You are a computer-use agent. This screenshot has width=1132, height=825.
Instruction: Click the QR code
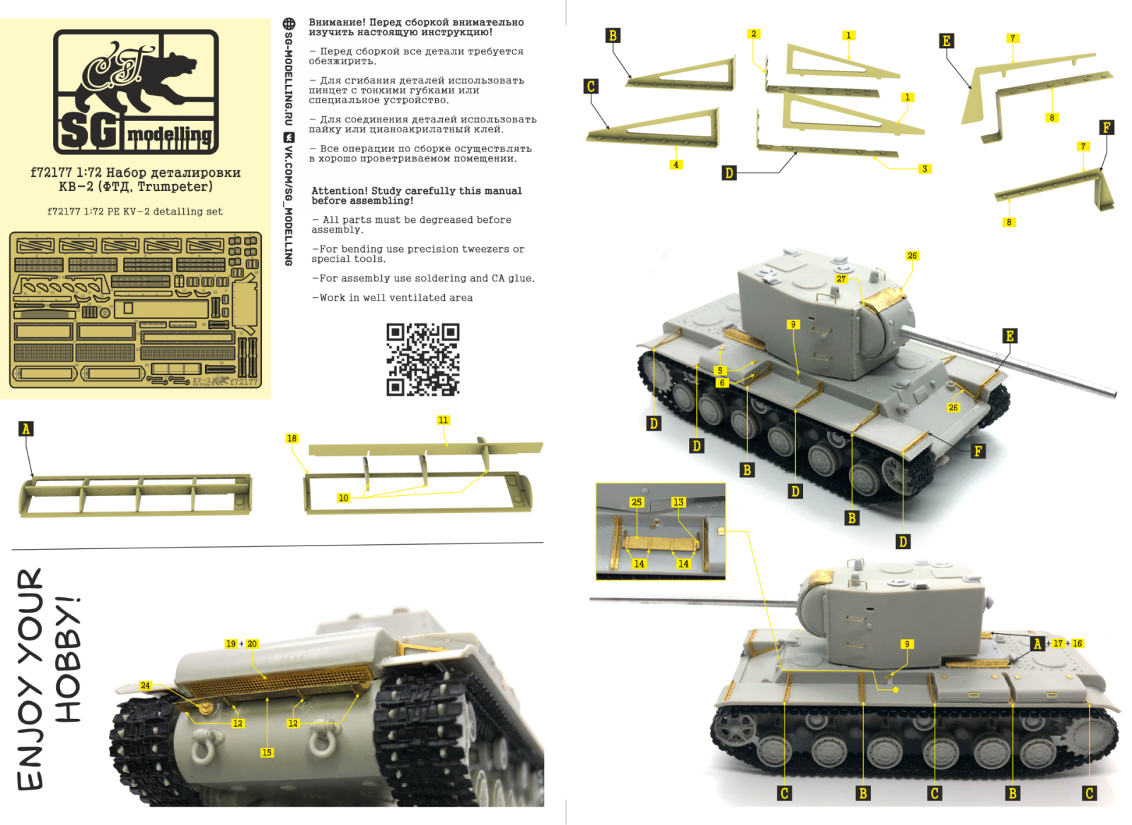click(422, 359)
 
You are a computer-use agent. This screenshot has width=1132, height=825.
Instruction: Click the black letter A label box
click(26, 429)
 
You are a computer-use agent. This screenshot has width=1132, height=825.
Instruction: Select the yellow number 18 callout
click(291, 439)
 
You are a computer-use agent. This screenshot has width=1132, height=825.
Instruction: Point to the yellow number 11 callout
click(443, 420)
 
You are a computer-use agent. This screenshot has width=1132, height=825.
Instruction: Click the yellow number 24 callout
click(145, 686)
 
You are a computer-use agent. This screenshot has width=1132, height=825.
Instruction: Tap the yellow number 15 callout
click(267, 753)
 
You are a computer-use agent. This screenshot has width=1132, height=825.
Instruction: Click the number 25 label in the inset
click(636, 502)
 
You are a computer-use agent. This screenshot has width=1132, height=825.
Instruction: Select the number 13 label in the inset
click(678, 502)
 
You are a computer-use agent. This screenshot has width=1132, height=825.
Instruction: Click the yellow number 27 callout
click(841, 279)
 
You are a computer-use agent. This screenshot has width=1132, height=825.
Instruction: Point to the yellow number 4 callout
click(676, 165)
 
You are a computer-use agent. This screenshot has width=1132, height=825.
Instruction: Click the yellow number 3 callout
click(924, 169)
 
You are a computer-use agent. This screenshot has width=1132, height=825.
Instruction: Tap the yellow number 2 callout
click(753, 34)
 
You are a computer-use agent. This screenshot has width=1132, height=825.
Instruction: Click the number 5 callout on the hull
click(720, 370)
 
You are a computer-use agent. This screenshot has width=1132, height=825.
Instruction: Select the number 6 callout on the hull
click(722, 383)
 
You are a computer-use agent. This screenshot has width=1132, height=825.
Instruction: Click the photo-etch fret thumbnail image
click(135, 310)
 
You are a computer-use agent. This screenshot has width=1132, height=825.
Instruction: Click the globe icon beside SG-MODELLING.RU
click(289, 23)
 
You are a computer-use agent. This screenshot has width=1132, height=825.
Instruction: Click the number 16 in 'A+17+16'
click(1077, 643)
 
